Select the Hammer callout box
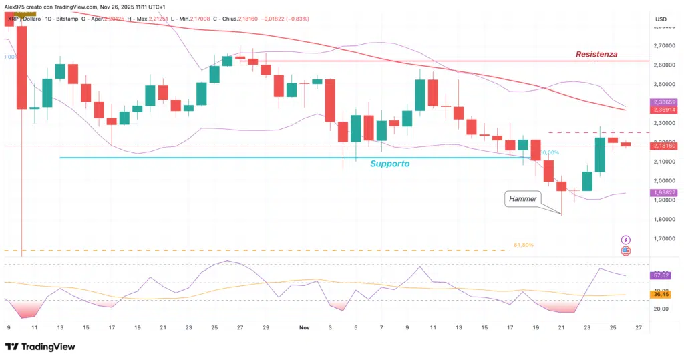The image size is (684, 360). [x=522, y=198]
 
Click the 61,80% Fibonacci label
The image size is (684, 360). [x=523, y=246]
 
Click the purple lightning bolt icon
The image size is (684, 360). [x=626, y=239]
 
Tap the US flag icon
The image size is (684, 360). [x=626, y=251]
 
